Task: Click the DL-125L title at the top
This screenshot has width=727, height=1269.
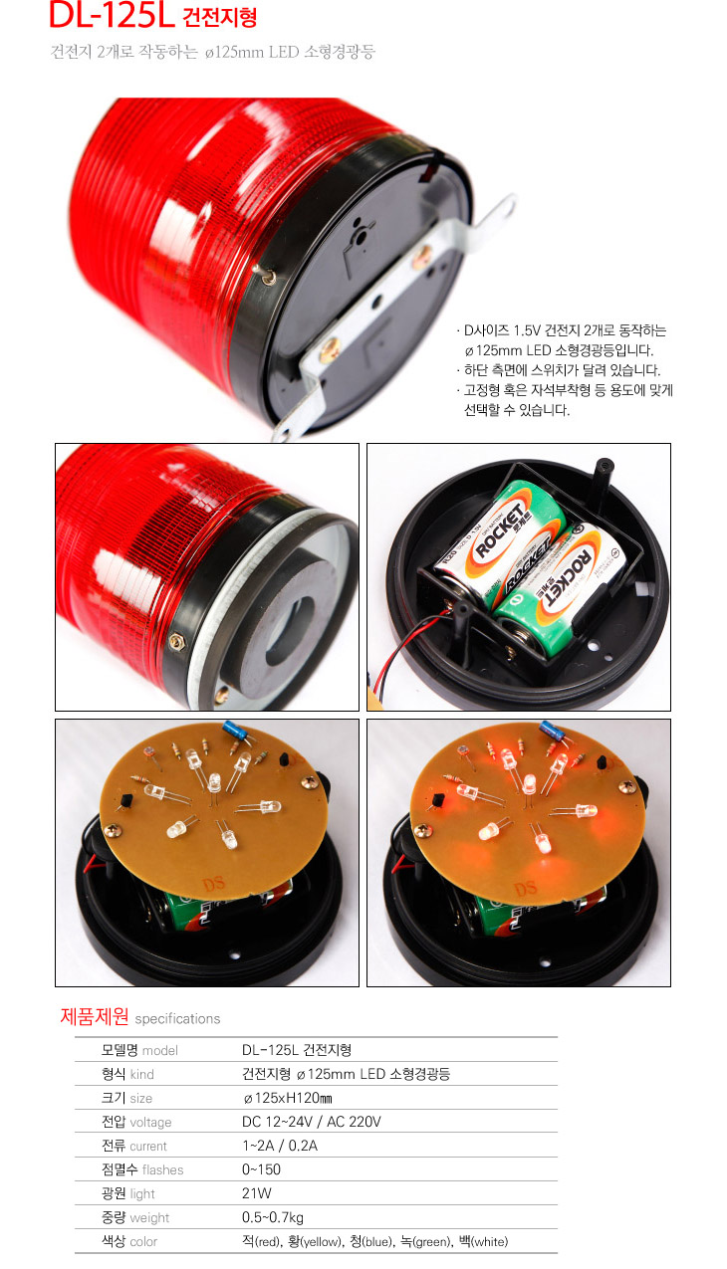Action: click(112, 15)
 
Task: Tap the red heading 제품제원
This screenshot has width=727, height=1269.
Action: click(95, 1017)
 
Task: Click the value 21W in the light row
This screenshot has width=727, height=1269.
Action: click(257, 1193)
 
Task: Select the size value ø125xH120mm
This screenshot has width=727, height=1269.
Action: click(287, 1098)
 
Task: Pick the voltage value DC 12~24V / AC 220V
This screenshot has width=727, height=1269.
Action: click(311, 1122)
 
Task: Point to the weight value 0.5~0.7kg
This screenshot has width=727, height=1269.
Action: click(273, 1217)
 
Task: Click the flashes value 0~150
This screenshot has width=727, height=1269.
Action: click(261, 1169)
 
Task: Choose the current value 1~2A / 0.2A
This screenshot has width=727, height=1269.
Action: click(280, 1146)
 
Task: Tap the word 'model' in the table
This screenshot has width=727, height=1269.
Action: click(159, 1050)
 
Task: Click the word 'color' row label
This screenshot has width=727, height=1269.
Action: click(143, 1241)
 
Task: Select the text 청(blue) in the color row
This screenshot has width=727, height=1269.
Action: click(370, 1241)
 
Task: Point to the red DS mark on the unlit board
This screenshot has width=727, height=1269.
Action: click(214, 883)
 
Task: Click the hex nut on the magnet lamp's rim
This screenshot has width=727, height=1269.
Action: click(178, 641)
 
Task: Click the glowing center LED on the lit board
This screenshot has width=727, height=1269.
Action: click(528, 783)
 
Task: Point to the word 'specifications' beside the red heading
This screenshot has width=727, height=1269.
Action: click(177, 1018)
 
